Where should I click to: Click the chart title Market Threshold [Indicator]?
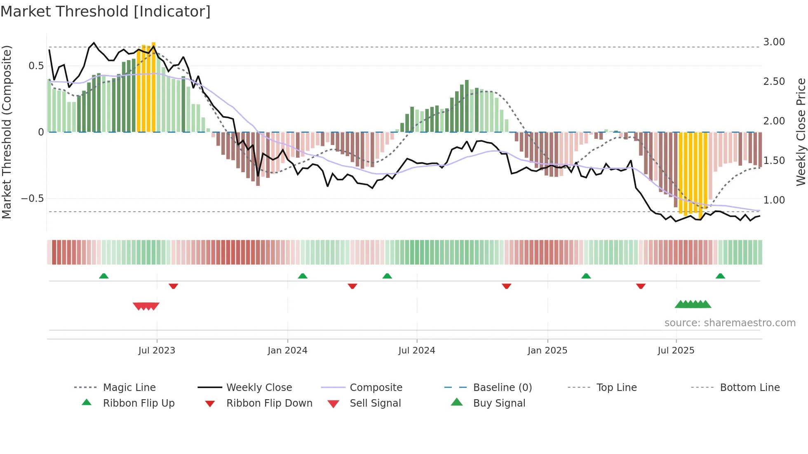pyautogui.click(x=106, y=12)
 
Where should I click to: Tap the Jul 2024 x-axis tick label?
pyautogui.click(x=416, y=351)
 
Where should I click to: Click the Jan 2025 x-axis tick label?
pyautogui.click(x=547, y=351)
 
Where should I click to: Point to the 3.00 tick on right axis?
pyautogui.click(x=774, y=42)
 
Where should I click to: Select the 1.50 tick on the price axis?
pyautogui.click(x=774, y=161)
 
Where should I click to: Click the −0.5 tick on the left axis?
pyautogui.click(x=33, y=199)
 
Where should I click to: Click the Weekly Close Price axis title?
pyautogui.click(x=801, y=132)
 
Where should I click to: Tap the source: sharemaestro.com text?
pyautogui.click(x=730, y=323)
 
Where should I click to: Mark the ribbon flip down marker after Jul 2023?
pyautogui.click(x=173, y=286)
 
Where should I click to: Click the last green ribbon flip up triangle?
pyautogui.click(x=720, y=276)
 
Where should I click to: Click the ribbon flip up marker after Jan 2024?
pyautogui.click(x=303, y=276)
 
